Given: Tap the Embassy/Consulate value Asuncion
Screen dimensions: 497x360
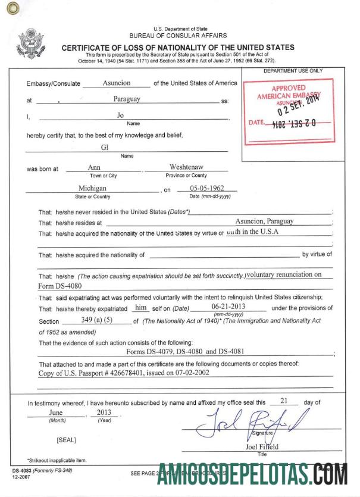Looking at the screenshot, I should (117, 83).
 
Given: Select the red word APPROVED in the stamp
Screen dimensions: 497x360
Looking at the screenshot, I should (287, 88).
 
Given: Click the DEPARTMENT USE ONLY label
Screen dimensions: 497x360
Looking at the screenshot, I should (293, 71).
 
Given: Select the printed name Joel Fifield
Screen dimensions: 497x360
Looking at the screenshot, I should (262, 447).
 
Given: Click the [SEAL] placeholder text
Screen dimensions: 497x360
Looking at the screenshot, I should (65, 440).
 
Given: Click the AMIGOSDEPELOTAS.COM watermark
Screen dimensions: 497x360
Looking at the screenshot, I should (252, 476).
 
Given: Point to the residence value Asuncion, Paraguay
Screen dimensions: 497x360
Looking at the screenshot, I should (264, 221).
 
